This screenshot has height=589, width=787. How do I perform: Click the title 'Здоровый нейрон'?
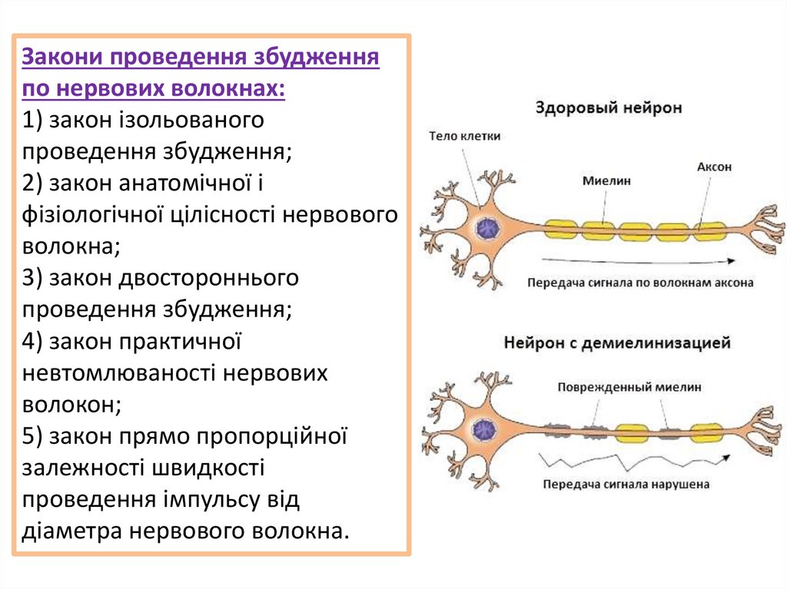tap(608, 108)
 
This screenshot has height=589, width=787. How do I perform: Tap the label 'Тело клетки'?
tap(464, 136)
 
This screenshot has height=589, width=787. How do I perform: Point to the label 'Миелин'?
tap(606, 181)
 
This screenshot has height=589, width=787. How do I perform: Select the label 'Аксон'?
tap(714, 167)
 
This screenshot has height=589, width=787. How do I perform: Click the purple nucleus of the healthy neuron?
tap(486, 228)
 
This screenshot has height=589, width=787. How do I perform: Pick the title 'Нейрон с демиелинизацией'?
tap(616, 342)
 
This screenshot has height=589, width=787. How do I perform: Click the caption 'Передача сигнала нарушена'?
tap(626, 485)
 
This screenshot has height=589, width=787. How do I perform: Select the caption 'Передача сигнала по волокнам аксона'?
tap(640, 282)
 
